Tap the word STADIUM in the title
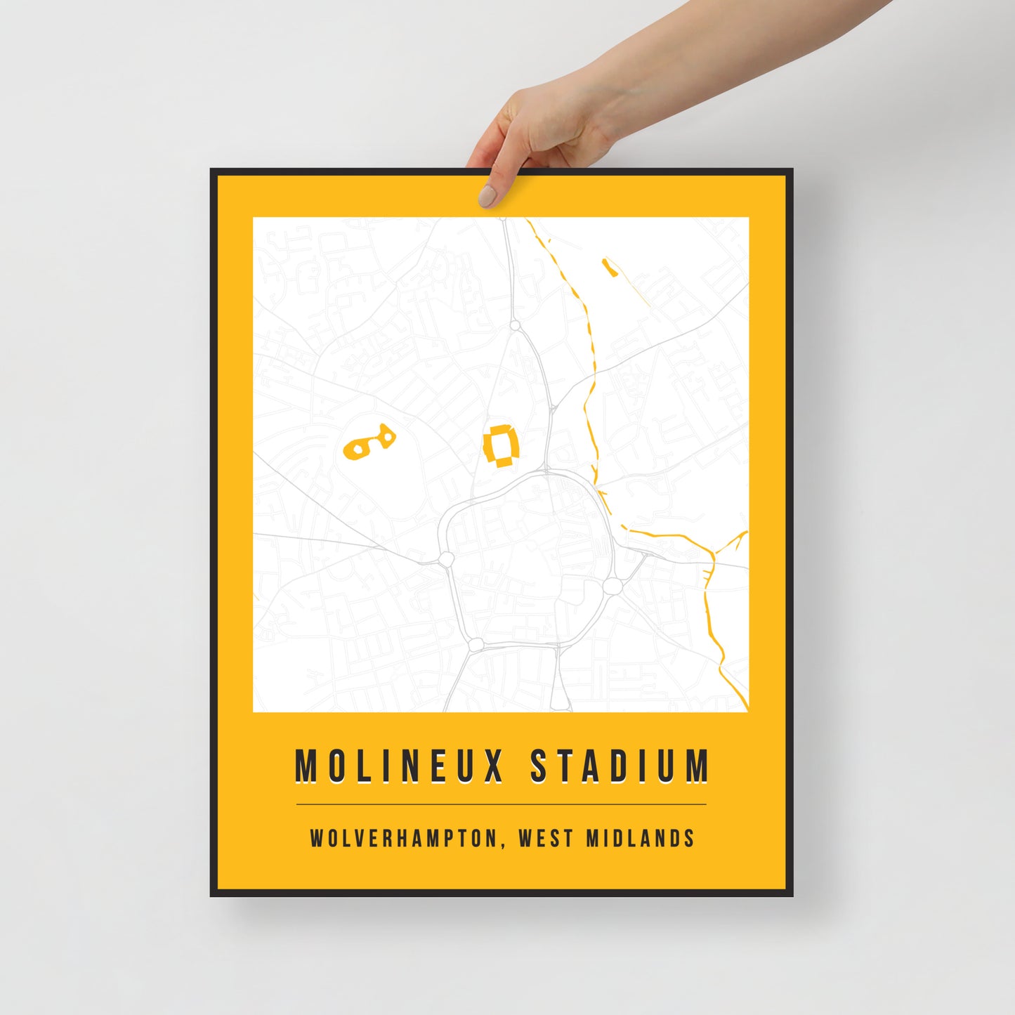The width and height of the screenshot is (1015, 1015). tap(620, 766)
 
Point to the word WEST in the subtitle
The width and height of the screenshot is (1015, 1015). tap(546, 838)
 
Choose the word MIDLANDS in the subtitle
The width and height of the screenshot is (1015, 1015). tap(641, 838)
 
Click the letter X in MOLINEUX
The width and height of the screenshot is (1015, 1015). tap(494, 766)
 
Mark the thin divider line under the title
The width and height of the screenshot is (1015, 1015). tap(501, 804)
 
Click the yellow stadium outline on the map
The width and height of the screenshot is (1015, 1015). tap(502, 447)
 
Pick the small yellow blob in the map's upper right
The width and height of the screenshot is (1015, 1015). tap(608, 267)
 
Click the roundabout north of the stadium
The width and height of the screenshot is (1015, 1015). tap(515, 325)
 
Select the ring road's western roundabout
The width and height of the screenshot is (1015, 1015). tap(446, 559)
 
